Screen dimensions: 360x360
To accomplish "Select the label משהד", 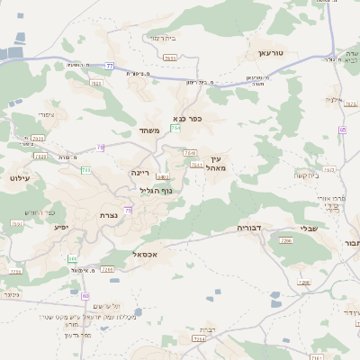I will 149,131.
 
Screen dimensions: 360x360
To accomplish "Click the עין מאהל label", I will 214,163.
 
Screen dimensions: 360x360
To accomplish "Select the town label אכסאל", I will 145,255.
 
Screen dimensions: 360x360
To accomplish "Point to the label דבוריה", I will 248,229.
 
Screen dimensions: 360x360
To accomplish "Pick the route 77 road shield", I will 110,66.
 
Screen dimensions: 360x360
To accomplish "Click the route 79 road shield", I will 101,148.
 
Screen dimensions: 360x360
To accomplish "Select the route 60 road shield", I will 85,295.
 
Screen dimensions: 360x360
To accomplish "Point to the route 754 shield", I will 175,130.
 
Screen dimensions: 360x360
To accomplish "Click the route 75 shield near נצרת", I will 129,210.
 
